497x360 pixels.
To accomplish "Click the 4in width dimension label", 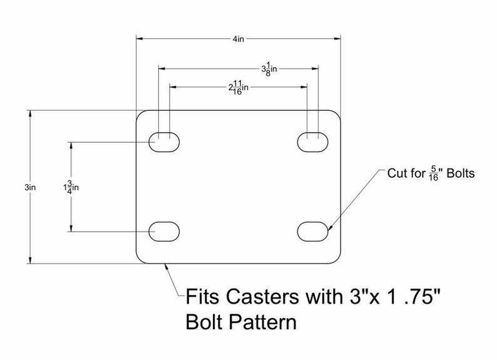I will pos(238,39).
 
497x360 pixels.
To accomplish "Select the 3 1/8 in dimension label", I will pos(269,68).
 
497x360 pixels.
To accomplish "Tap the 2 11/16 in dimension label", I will pos(238,87).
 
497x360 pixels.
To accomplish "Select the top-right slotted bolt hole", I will pos(313,142).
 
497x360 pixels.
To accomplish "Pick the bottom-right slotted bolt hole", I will pos(313,231).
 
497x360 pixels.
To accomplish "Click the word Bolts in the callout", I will pos(461,173).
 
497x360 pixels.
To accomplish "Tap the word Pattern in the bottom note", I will pos(264,322).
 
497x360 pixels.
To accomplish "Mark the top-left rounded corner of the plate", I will pos(140,115).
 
